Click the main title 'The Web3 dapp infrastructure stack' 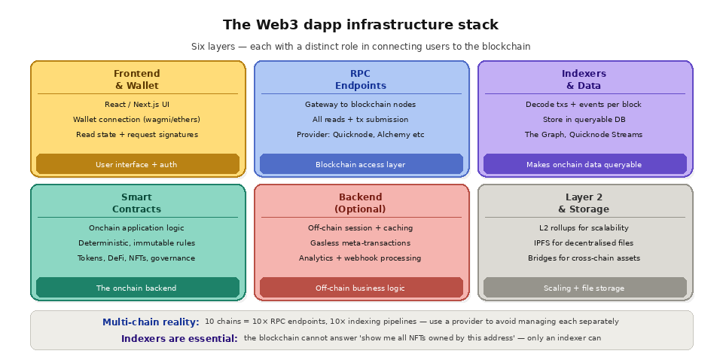coord(361,25)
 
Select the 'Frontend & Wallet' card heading coord(136,79)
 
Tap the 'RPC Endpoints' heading coord(360,79)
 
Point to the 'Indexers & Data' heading coord(584,79)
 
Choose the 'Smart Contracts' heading coord(136,203)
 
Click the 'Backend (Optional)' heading coord(360,203)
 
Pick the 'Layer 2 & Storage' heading coord(584,203)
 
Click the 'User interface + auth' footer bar coord(137,164)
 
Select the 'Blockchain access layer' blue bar coord(361,164)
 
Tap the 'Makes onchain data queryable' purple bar coord(584,164)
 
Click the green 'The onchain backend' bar coord(137,288)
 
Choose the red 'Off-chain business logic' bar coord(361,288)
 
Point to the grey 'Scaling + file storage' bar coord(584,288)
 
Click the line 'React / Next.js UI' coord(136,105)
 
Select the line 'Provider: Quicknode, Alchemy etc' coord(360,135)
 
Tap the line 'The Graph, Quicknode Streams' coord(584,135)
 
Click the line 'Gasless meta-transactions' coord(360,243)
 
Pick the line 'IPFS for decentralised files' coord(584,243)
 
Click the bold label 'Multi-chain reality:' coord(151,322)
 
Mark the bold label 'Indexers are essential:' coord(179,338)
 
